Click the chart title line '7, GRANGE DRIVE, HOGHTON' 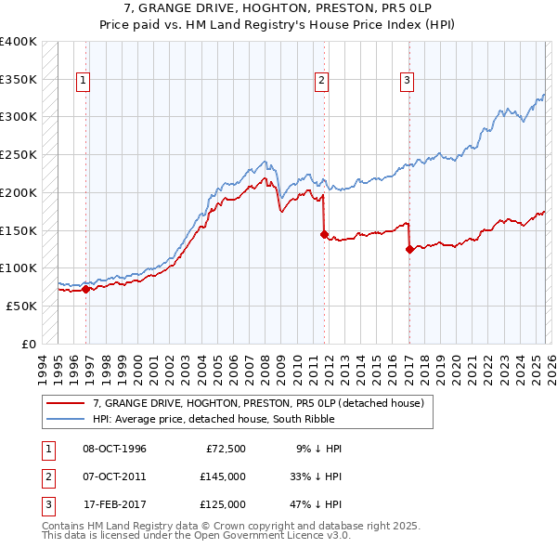point(278,8)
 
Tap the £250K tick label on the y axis point(19,155)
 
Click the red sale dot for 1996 point(86,289)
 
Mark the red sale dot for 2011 point(324,234)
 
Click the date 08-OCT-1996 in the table point(114,449)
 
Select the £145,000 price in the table point(223,476)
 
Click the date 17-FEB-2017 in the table point(114,504)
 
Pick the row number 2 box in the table point(45,476)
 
